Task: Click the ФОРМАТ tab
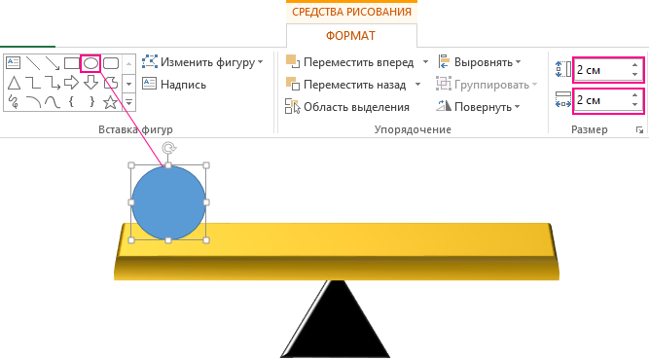pos(351,35)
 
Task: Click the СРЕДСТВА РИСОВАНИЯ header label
pos(351,12)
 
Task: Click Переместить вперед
pos(358,62)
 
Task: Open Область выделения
pos(356,107)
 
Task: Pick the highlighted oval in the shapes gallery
pos(90,62)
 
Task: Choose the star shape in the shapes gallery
pos(111,100)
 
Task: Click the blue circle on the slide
pos(168,202)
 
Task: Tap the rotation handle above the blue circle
pos(168,149)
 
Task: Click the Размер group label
pos(590,129)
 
